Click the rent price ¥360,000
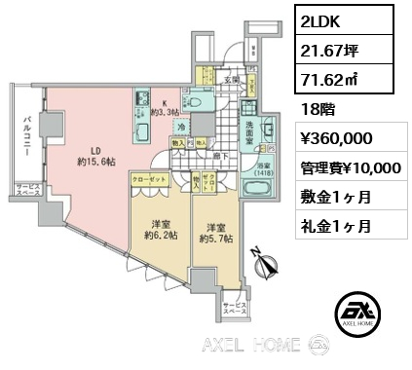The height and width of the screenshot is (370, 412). pos(332,139)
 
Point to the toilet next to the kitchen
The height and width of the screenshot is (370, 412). pos(196,101)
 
